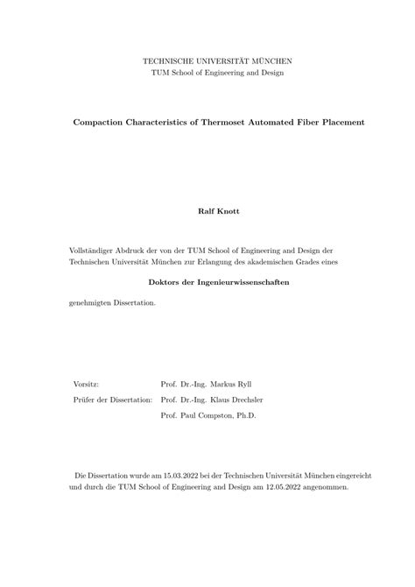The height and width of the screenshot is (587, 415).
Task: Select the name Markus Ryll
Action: [x=242, y=385]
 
